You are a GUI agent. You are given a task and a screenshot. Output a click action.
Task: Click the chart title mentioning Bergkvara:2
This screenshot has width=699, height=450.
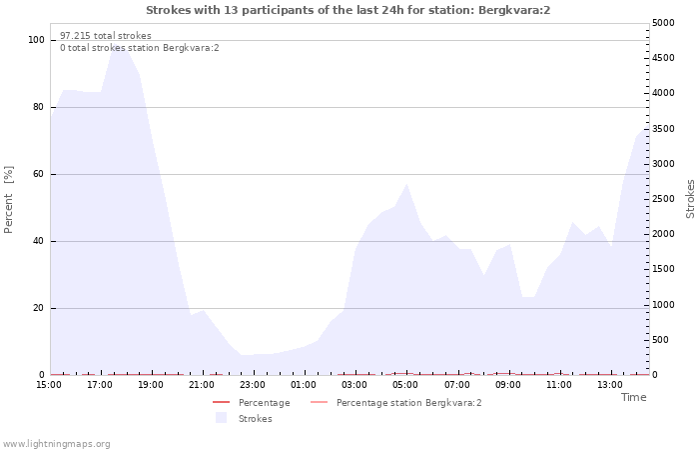click(349, 10)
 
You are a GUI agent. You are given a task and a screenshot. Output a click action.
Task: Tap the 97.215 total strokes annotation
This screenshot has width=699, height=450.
click(106, 36)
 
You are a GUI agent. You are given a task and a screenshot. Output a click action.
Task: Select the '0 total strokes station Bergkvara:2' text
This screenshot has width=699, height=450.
click(140, 48)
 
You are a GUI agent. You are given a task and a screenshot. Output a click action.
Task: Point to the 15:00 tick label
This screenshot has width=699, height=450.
click(49, 385)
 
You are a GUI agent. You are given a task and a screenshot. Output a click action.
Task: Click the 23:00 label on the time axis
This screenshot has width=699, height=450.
click(253, 385)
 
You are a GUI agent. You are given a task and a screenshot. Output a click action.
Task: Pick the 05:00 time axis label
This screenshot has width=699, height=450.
click(405, 385)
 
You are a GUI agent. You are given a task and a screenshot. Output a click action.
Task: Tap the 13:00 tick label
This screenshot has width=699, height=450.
click(610, 385)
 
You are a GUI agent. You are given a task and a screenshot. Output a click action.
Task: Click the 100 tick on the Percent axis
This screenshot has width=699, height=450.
click(36, 40)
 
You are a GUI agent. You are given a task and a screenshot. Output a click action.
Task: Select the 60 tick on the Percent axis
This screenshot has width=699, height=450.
click(39, 174)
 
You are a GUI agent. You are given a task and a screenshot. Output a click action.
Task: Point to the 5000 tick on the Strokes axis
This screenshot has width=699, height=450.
click(663, 23)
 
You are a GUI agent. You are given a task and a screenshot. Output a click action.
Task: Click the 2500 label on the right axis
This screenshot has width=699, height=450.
click(663, 199)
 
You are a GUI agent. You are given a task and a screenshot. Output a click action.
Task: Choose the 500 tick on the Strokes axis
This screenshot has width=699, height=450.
click(661, 340)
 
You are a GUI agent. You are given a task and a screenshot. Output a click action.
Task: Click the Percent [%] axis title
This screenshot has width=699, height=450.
click(8, 200)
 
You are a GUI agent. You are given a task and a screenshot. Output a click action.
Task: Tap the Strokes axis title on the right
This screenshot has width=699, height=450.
click(690, 199)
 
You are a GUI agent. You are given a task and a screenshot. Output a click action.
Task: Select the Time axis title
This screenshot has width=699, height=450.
click(633, 397)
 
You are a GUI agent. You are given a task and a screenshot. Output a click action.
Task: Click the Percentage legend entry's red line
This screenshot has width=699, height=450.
click(221, 403)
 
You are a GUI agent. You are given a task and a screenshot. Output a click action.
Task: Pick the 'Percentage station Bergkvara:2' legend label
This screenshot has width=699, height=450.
click(408, 403)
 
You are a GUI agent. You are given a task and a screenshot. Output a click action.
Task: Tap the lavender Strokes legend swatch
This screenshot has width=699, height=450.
click(221, 418)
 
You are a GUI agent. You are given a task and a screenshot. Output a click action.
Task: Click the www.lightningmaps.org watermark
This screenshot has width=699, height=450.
click(56, 444)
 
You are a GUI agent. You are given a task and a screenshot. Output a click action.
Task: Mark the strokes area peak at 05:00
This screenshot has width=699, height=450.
click(406, 184)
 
